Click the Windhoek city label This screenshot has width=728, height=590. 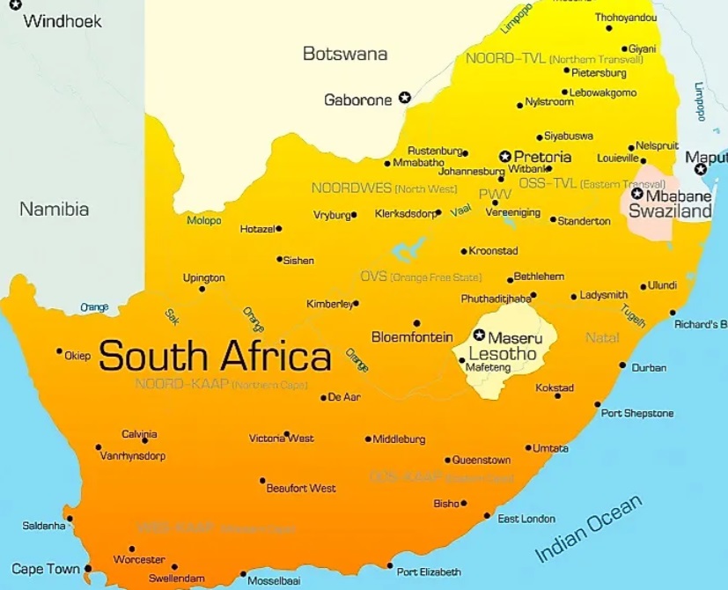(62, 20)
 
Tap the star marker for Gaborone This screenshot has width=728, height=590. (405, 98)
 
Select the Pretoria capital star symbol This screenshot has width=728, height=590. (505, 156)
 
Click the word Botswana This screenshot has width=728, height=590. (344, 54)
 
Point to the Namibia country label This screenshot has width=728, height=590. (55, 210)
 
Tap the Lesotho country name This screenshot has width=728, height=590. (502, 354)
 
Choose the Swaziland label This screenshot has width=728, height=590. (671, 212)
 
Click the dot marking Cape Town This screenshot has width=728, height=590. (87, 569)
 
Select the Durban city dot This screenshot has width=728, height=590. (622, 365)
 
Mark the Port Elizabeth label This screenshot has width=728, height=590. (429, 572)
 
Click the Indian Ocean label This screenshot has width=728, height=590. (589, 528)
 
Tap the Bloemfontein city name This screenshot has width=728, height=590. (412, 337)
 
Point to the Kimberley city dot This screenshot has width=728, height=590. (356, 304)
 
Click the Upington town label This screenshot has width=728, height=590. (203, 277)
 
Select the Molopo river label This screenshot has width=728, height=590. (204, 220)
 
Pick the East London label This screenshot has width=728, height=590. (526, 519)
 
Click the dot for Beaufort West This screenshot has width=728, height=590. (262, 481)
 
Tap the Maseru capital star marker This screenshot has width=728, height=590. (479, 336)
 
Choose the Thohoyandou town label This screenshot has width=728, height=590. (626, 18)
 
